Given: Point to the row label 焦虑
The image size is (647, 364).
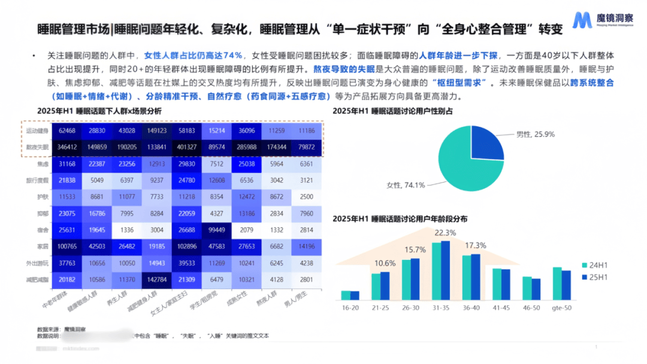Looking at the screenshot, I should [43, 163].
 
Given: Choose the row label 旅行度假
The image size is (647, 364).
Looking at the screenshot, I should [38, 180].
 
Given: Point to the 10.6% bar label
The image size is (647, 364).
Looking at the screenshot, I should [384, 263].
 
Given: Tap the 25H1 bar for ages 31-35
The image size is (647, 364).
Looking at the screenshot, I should [445, 269].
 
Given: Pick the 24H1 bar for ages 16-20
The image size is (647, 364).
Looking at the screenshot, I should [346, 295].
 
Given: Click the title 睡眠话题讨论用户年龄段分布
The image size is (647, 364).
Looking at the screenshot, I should [400, 219].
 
